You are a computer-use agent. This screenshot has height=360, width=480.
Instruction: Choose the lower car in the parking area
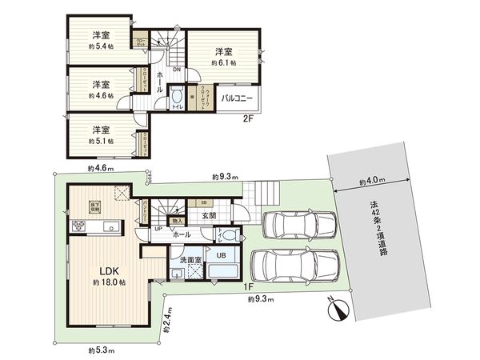tap(295, 265)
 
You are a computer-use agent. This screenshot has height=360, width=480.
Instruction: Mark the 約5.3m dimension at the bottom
tap(98, 350)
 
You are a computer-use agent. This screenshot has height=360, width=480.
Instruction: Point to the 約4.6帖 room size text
tap(100, 94)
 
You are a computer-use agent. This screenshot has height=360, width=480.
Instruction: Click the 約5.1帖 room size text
tap(100, 140)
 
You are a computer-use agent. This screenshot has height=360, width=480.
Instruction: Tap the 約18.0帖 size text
tap(106, 282)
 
